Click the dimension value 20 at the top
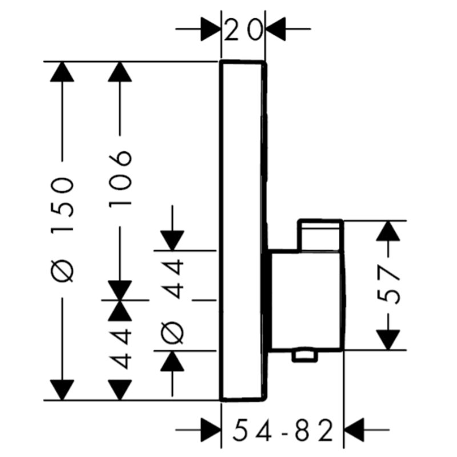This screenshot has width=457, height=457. coord(243,29)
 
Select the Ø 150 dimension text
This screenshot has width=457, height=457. coord(62,230)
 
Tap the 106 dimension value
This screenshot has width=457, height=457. coord(120,179)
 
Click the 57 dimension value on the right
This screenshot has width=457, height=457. coord(388,284)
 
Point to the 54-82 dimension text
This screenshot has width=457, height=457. coord(282,430)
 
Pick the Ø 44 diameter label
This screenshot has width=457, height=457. coord(173,301)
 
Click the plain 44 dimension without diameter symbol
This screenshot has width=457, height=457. coord(120,348)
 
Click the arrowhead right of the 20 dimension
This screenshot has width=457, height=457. coord(276,29)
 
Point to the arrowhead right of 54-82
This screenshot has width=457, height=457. coord(354,430)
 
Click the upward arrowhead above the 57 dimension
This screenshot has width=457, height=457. coord(388,231)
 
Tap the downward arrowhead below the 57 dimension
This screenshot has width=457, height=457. coord(388,340)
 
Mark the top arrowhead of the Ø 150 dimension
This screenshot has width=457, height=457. coord(62,72)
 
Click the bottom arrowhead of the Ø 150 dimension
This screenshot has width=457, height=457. coord(62,390)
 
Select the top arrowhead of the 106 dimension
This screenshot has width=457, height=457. coord(120,72)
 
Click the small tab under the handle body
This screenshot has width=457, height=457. coord(305,356)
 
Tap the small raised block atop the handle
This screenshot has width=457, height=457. coord(320,235)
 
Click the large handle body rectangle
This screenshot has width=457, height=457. coord(306,300)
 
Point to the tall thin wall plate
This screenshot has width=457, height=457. coord(243,231)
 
